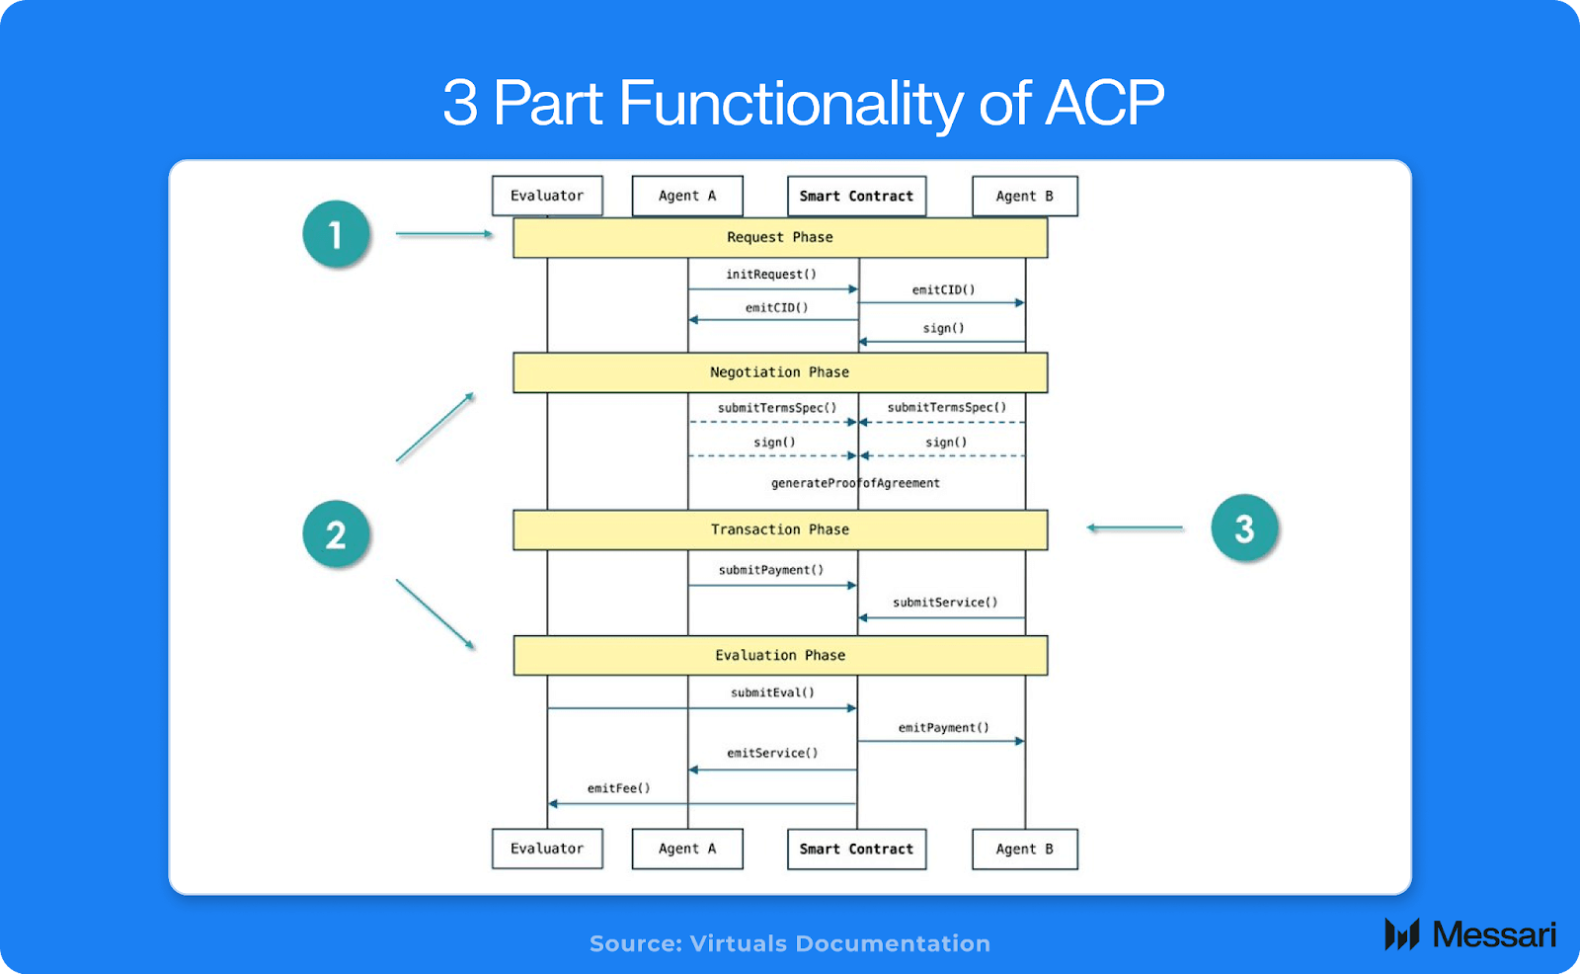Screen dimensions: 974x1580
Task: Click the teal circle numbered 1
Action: click(336, 234)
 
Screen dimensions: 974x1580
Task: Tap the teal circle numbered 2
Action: click(336, 534)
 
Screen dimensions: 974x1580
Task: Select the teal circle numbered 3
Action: click(1244, 528)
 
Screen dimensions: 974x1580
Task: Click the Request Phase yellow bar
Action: click(780, 238)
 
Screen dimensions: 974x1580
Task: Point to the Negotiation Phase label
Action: click(780, 372)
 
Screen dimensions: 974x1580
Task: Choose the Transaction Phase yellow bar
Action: click(780, 529)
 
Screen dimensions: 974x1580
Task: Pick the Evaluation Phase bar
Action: click(780, 655)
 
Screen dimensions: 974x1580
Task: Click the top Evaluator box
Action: click(547, 196)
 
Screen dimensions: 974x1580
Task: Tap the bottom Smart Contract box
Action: click(856, 849)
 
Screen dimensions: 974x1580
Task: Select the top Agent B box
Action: click(1024, 196)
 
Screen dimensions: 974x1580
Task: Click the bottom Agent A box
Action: click(687, 849)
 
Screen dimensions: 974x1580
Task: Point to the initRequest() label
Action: click(771, 275)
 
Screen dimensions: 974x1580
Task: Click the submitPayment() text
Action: click(771, 570)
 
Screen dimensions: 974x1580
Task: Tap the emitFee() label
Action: click(619, 788)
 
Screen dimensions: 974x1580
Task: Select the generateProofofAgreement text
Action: click(855, 483)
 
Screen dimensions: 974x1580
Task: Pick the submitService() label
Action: click(945, 603)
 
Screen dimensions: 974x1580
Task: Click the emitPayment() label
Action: click(943, 728)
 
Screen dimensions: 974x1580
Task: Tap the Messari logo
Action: click(1470, 934)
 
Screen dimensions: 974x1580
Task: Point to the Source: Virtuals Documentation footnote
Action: click(790, 943)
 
